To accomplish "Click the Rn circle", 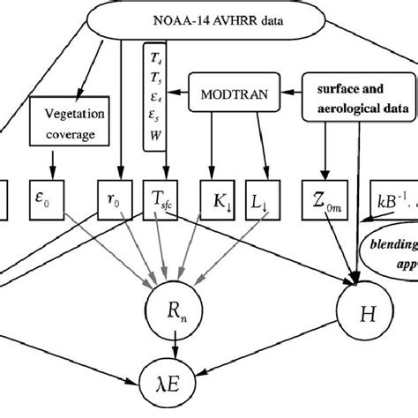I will [180, 311].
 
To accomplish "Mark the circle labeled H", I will [358, 311].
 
